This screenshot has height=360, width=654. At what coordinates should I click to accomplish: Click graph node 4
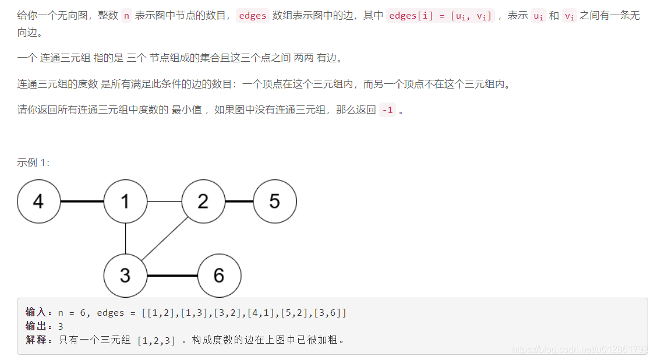39,202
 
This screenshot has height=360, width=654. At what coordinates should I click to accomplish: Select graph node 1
125,202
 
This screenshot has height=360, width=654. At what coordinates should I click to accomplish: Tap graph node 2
203,202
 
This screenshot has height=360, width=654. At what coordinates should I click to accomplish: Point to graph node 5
275,202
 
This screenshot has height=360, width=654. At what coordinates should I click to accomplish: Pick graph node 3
125,276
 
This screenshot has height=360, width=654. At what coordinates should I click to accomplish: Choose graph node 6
219,276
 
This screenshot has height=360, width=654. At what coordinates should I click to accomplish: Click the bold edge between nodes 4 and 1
82,202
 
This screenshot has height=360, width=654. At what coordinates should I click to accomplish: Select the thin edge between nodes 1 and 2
164,202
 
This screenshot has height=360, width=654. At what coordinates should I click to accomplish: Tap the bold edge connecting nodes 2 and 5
239,202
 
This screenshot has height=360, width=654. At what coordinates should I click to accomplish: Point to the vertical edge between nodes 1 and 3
125,239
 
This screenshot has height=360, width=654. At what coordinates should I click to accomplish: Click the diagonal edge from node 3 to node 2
165,238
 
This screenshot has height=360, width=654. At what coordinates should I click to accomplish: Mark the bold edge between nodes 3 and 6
172,276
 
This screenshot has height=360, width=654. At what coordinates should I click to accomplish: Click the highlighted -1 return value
387,110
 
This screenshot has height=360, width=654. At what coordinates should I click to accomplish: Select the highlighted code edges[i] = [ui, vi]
440,16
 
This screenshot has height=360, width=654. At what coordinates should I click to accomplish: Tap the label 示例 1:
33,163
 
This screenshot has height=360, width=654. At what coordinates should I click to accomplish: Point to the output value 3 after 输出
61,326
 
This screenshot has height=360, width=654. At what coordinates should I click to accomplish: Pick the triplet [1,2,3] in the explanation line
156,340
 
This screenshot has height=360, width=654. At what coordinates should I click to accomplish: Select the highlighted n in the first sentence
127,16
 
